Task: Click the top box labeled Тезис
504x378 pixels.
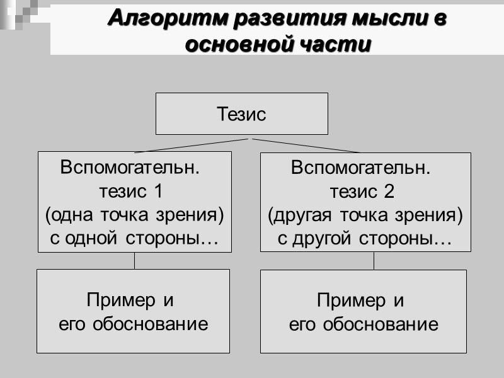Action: [242, 114]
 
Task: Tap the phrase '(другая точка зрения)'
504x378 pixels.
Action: [365, 215]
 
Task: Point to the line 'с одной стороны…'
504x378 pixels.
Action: [134, 239]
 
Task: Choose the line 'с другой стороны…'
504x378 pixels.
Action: [365, 239]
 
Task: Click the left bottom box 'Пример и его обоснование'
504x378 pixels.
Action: [133, 311]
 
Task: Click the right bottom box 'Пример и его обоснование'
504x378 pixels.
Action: [364, 311]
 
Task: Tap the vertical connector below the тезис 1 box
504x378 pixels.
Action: [134, 261]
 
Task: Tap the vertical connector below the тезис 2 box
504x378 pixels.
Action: [374, 261]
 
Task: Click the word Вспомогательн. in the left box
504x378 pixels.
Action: [130, 168]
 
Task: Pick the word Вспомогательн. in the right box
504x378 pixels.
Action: [361, 168]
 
